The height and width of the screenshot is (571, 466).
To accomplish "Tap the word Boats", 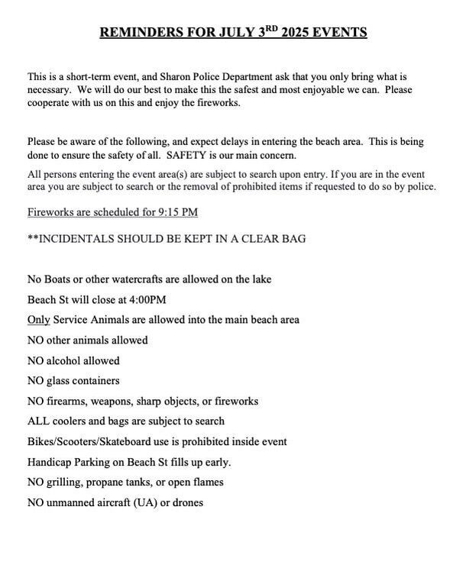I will tap(60, 279).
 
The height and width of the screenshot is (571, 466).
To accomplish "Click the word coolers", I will tap(68, 421).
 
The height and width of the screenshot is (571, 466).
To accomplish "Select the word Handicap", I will tap(50, 462).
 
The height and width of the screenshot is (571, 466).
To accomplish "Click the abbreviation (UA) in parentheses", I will tap(143, 502).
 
